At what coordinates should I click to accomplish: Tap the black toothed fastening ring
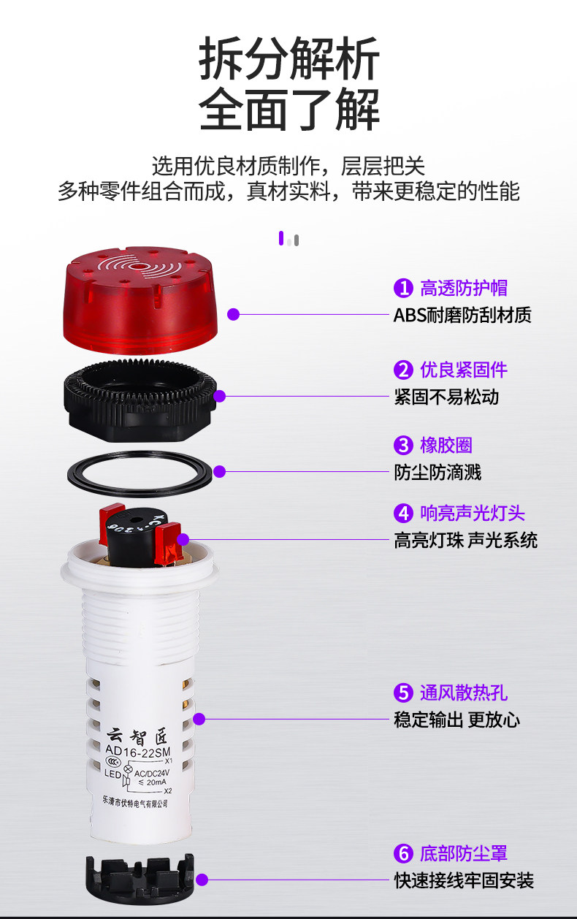coord(140,400)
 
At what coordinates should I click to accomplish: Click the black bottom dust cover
coord(140,878)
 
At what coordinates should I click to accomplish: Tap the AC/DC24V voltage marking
coord(152,774)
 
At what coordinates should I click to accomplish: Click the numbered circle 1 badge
coord(403,288)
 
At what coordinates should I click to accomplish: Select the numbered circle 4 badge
coord(403,514)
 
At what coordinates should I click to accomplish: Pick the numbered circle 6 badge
coord(403,853)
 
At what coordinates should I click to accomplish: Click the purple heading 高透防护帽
coord(464,288)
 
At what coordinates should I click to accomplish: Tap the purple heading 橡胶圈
coord(446,445)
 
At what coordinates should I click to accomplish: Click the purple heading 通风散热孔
coord(464,693)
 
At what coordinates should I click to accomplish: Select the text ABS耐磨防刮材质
coord(462,315)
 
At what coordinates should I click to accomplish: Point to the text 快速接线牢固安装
coord(465,880)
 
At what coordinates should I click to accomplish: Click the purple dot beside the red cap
coord(233,315)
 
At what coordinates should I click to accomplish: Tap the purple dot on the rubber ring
coord(219,471)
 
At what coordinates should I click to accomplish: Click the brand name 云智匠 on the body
coord(137,736)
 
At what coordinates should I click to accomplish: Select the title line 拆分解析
coord(289,58)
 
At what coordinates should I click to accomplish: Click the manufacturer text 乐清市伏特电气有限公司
coord(135,802)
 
